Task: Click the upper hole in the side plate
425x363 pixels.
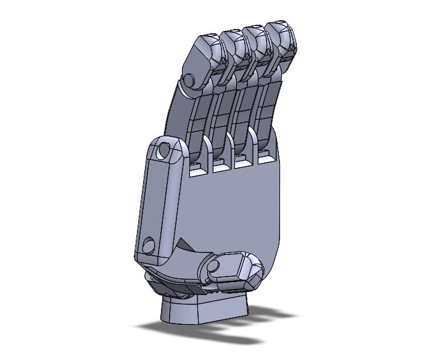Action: (164, 150)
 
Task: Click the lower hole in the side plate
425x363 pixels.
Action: (148, 245)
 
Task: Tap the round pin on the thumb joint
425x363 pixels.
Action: (215, 267)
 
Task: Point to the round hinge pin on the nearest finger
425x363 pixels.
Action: (190, 80)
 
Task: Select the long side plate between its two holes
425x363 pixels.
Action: (157, 198)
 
